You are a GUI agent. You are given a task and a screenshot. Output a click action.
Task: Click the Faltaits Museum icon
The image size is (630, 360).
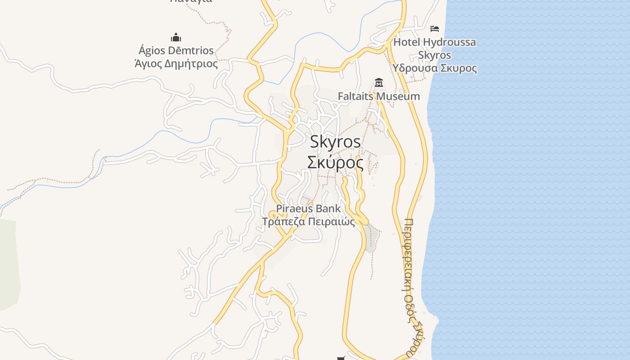[x=379, y=83]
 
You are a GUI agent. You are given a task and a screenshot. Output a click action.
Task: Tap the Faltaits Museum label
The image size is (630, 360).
[x=379, y=96]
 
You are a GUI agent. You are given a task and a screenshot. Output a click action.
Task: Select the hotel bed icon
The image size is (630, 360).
[x=434, y=29]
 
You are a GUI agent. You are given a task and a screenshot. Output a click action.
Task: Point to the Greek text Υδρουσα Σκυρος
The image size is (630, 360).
[x=434, y=68]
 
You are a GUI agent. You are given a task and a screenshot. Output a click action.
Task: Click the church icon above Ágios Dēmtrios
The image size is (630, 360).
[x=176, y=37]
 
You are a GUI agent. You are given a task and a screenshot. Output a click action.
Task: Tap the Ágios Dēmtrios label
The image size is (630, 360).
[x=176, y=50]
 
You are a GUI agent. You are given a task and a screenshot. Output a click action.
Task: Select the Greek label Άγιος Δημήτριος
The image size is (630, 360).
[x=176, y=63]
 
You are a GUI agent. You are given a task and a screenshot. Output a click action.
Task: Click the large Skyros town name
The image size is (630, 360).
[x=335, y=142]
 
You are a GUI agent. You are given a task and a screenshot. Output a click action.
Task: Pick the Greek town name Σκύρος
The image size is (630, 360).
[x=335, y=162]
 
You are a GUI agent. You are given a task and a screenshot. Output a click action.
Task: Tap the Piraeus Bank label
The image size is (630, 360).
[x=308, y=208]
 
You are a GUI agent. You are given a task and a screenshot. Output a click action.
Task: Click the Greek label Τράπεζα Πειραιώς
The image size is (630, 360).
[x=308, y=221]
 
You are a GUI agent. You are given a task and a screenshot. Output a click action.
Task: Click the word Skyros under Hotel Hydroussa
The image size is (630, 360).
[x=434, y=55]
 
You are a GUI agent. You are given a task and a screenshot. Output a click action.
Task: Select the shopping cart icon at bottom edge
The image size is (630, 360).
[x=341, y=358]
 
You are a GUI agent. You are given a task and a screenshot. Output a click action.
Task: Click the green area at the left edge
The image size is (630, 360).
[x=8, y=265]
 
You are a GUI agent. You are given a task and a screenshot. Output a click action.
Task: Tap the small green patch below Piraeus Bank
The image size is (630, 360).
[x=372, y=238]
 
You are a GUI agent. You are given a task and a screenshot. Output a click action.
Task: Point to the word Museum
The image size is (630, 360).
[x=398, y=96]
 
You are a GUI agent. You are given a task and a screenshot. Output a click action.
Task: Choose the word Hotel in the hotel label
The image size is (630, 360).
[x=407, y=42]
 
